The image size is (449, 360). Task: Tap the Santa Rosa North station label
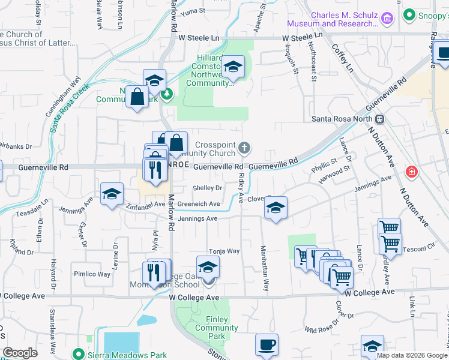pyautogui.click(x=345, y=119)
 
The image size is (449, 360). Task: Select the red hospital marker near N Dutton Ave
pyautogui.click(x=412, y=173)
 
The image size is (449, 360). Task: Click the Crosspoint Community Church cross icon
pyautogui.click(x=244, y=147)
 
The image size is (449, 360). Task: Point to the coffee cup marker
pyautogui.click(x=267, y=345)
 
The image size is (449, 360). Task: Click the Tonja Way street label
pyautogui.click(x=224, y=251)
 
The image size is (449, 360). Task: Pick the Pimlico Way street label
pyautogui.click(x=92, y=274)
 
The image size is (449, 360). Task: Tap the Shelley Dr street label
pyautogui.click(x=207, y=188)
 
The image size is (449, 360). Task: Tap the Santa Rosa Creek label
pyautogui.click(x=70, y=107)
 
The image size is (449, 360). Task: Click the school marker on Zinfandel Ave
pyautogui.click(x=112, y=194)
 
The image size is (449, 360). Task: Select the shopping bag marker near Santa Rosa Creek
pyautogui.click(x=137, y=96)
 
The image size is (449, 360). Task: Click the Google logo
pyautogui.click(x=20, y=353)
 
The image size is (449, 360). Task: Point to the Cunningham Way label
pyautogui.click(x=64, y=97)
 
